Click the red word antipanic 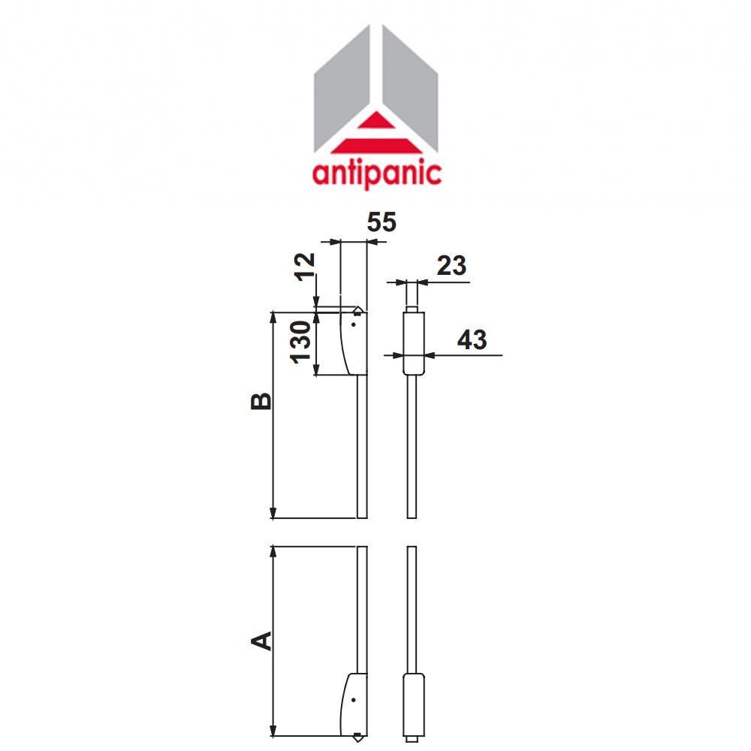[376, 173]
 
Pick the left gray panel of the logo [342, 90]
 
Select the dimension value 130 [300, 342]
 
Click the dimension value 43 [472, 339]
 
